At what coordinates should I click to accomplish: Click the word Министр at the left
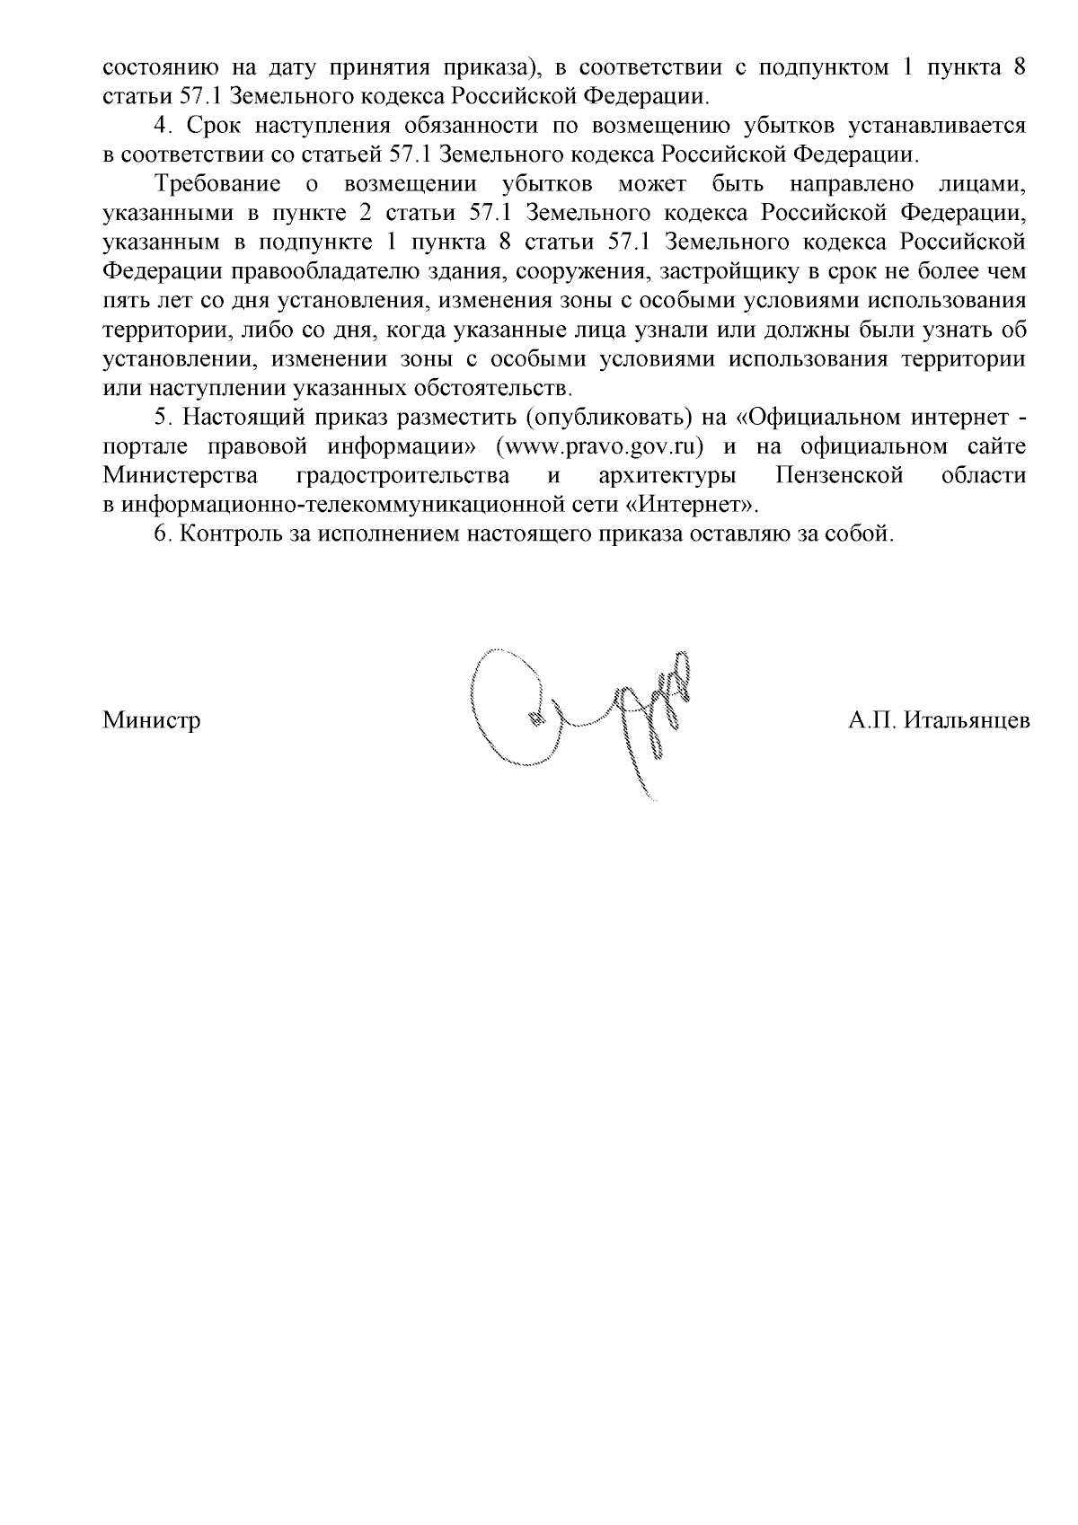152,721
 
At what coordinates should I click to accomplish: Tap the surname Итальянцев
968,721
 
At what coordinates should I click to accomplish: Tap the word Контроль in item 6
225,533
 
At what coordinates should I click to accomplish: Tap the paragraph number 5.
161,418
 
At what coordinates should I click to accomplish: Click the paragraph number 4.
161,126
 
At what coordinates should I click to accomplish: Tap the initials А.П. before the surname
871,721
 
